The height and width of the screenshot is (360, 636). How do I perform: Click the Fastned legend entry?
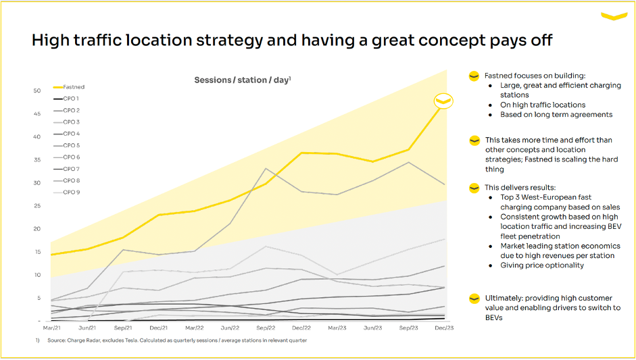click(73, 86)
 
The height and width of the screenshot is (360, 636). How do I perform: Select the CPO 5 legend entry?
click(71, 145)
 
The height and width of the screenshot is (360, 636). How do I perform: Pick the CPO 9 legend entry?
click(71, 192)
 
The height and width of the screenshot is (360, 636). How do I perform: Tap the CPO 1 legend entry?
click(71, 99)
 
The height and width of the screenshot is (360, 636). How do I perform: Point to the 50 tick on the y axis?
click(37, 91)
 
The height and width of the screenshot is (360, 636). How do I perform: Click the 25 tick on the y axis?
click(37, 206)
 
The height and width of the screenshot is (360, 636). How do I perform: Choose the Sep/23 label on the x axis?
click(407, 328)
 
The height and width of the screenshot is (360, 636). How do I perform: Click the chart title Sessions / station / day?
click(242, 80)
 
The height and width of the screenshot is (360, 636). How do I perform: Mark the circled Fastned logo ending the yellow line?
click(443, 101)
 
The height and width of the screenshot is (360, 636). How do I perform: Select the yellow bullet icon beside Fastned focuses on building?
click(474, 76)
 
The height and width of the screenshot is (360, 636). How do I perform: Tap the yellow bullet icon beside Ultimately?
click(474, 299)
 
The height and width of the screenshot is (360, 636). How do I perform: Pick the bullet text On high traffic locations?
click(543, 105)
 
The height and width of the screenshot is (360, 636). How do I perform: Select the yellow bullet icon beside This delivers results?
click(474, 187)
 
